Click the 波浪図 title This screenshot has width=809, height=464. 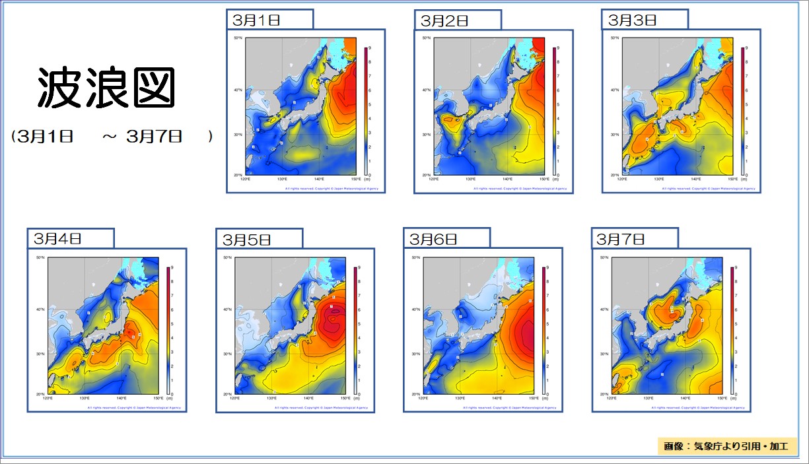(x=106, y=88)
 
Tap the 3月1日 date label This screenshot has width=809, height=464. (x=256, y=20)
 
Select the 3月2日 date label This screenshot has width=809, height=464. (x=444, y=20)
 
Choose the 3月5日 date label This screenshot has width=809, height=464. (x=246, y=239)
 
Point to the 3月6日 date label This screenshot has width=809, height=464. (x=433, y=238)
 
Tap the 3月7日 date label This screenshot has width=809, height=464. (x=621, y=238)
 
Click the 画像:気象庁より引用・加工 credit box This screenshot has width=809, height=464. (x=727, y=446)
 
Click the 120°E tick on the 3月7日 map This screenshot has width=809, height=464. (x=612, y=399)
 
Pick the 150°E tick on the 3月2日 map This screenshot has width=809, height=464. (x=543, y=180)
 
